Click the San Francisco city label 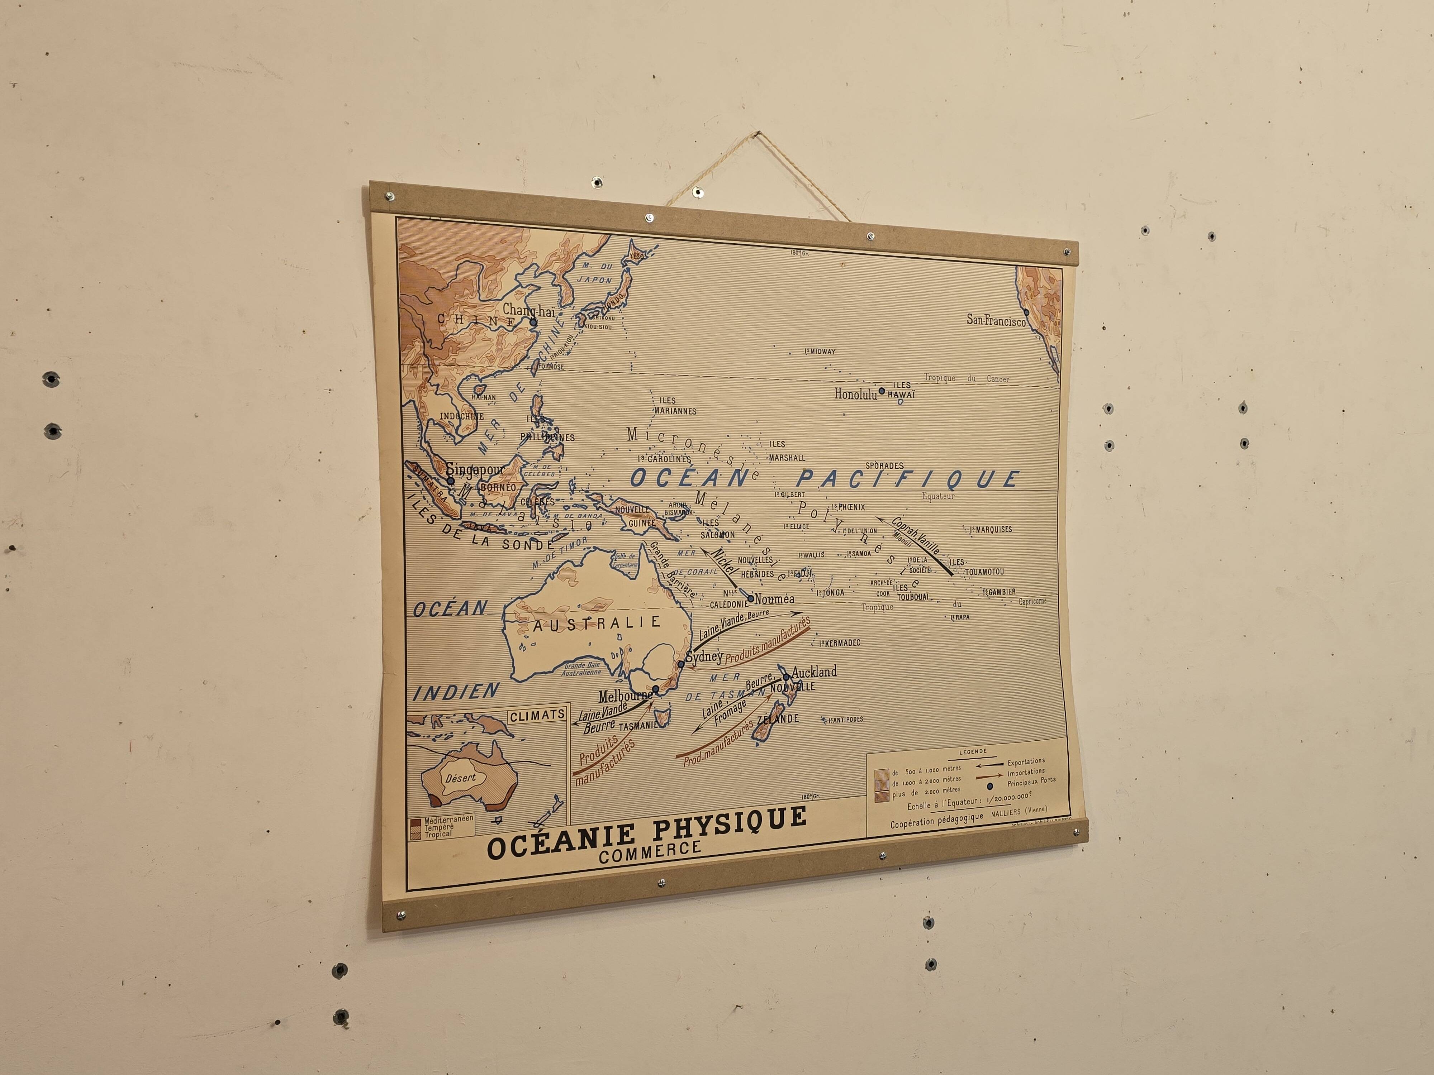[x=996, y=320]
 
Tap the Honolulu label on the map [x=855, y=394]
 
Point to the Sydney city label [x=704, y=657]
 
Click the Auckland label [x=814, y=672]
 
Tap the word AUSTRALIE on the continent [x=597, y=623]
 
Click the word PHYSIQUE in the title [x=729, y=823]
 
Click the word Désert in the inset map [x=460, y=778]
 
